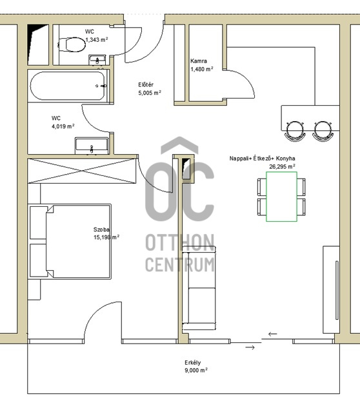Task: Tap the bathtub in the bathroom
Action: [x=68, y=86]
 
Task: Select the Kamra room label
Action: [x=199, y=61]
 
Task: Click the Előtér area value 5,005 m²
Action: [x=150, y=93]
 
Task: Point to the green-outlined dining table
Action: [x=281, y=197]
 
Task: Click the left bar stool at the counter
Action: [x=295, y=131]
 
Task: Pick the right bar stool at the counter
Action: [x=323, y=131]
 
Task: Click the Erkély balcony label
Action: [x=193, y=362]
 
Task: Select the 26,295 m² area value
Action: [x=282, y=166]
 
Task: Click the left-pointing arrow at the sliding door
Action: [x=272, y=334]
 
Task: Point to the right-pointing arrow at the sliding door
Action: [x=250, y=347]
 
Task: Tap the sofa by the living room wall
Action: [x=199, y=288]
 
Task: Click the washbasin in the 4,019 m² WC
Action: [x=92, y=146]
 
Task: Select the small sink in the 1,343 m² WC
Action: [x=97, y=60]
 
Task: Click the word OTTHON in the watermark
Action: [x=180, y=242]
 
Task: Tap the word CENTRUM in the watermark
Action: [x=180, y=264]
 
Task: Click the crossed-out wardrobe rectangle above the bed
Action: [x=82, y=171]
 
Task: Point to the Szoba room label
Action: [x=101, y=229]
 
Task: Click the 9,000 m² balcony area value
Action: [x=196, y=370]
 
